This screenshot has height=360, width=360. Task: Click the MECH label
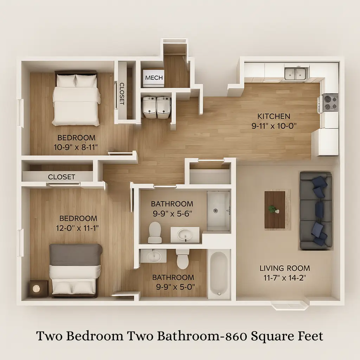[154, 78]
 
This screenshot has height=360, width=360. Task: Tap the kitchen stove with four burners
[330, 103]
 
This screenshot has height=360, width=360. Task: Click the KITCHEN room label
[274, 116]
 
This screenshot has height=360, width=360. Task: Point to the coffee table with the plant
[275, 210]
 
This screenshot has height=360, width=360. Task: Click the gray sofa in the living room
[316, 211]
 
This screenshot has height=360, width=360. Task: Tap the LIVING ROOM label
[285, 268]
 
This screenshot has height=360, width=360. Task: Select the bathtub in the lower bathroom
[219, 274]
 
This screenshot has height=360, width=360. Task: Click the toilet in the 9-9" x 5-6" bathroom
[155, 232]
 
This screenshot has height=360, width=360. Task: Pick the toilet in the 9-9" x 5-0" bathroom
[182, 259]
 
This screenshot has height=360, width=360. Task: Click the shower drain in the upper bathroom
[216, 211]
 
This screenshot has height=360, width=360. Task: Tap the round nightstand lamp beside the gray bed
[37, 288]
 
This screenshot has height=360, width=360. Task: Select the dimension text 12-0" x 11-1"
[77, 228]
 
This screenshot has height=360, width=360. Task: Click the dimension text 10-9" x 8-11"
[76, 147]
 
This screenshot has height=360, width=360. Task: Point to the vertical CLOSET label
[122, 94]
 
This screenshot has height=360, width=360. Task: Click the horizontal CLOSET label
[62, 177]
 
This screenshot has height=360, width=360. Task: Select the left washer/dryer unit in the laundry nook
[149, 107]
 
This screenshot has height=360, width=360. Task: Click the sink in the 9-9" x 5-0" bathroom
[154, 256]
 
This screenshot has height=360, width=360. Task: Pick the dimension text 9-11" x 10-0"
[274, 126]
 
